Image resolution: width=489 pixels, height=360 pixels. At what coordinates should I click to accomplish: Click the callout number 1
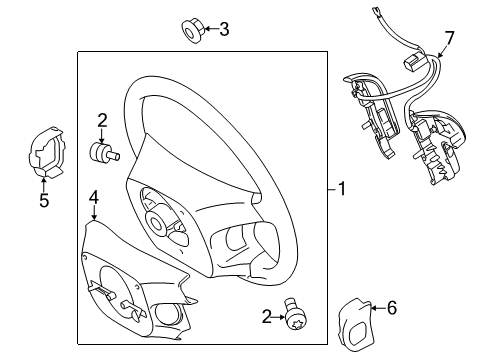point(342,188)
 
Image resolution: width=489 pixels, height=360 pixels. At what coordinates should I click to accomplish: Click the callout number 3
point(223,30)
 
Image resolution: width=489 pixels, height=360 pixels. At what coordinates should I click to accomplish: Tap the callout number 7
point(449,39)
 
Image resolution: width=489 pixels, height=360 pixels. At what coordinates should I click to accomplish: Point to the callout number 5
point(43,199)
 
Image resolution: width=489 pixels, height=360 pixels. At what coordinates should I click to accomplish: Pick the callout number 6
point(391,308)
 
